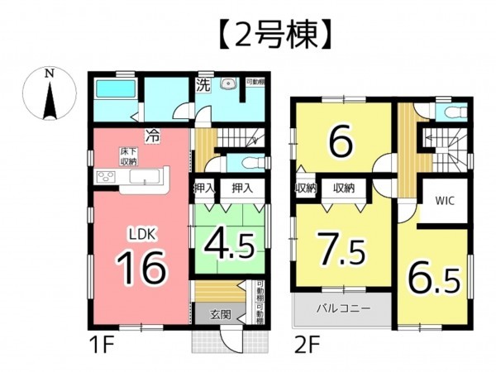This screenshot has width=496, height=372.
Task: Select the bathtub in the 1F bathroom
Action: click(x=114, y=91)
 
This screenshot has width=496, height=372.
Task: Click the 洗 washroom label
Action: click(x=203, y=84)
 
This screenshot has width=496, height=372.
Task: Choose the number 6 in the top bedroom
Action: click(x=340, y=142)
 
